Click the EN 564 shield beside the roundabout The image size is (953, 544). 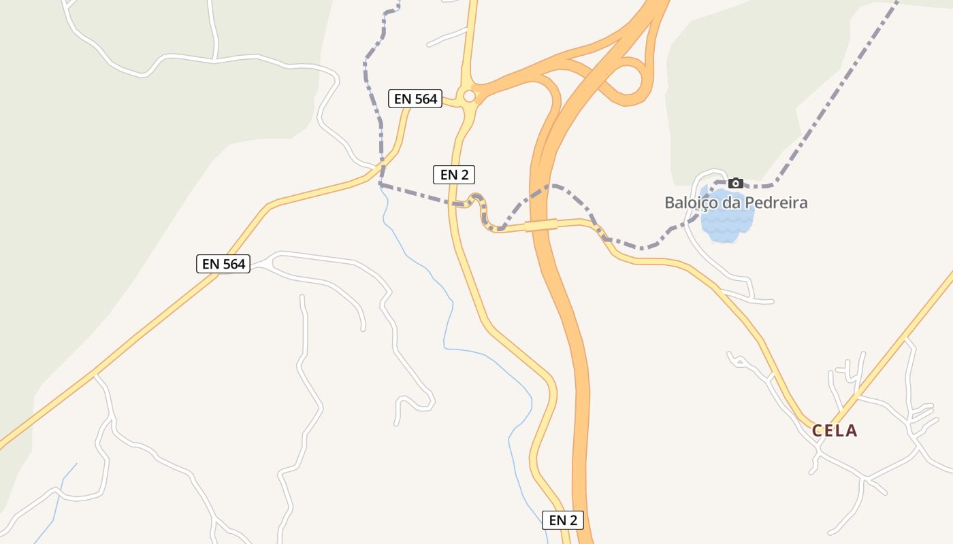[415, 99]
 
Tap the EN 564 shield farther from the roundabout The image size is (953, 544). [223, 264]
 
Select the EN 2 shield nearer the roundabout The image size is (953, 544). [453, 175]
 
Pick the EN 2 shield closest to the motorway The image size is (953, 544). [563, 520]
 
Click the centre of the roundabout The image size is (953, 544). [469, 97]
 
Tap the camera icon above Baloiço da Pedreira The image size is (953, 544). [735, 183]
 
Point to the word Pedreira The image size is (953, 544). [776, 203]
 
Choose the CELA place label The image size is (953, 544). [834, 430]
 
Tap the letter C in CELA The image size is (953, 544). [817, 430]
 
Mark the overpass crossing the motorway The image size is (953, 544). [541, 225]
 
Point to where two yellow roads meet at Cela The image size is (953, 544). [826, 423]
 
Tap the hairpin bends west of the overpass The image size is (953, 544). [482, 211]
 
